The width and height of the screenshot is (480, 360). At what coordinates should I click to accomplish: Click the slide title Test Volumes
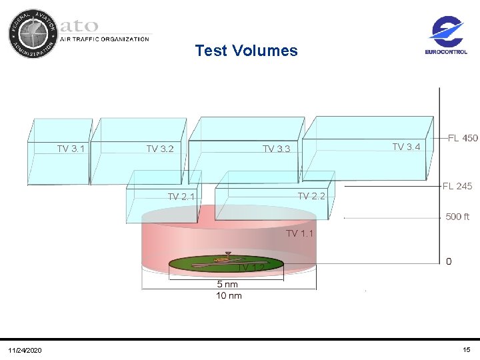246,51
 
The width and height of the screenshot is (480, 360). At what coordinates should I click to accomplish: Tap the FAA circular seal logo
33,33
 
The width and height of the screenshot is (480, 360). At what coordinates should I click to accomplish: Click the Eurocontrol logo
447,37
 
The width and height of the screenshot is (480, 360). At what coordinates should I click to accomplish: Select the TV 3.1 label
71,149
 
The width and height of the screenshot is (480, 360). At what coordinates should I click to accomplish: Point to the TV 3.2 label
160,149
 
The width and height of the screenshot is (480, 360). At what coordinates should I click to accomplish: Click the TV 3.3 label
276,149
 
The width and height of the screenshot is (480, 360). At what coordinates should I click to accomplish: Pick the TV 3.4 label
406,147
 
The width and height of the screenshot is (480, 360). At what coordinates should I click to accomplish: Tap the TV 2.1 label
181,197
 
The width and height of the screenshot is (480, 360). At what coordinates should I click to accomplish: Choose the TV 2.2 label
311,196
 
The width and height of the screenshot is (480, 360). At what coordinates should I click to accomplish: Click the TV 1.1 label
299,233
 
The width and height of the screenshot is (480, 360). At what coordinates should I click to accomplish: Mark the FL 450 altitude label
463,138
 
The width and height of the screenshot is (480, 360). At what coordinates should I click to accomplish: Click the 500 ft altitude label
457,217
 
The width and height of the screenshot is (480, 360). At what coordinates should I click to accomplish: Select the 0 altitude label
449,261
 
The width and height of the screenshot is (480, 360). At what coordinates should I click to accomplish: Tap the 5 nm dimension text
227,285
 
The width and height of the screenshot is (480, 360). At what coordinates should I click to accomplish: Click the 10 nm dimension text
229,295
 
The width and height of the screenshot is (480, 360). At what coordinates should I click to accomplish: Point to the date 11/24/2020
25,351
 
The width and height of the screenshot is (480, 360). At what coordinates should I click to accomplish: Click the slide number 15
466,350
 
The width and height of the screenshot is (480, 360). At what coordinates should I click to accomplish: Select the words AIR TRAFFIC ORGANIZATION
105,39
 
